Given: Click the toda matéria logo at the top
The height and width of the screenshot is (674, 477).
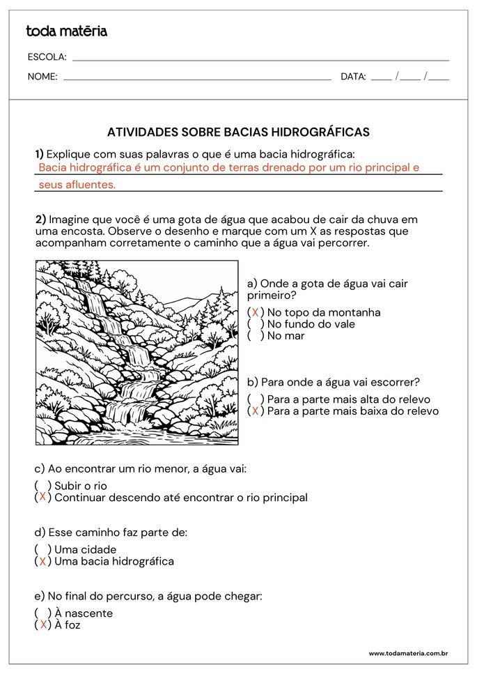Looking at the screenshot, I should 66,31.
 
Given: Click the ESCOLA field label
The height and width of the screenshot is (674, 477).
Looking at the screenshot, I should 47,57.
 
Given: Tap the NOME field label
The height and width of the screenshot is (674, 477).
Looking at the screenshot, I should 42,77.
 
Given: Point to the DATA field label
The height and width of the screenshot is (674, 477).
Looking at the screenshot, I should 353,77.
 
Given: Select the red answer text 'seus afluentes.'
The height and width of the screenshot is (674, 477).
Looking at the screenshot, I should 77,185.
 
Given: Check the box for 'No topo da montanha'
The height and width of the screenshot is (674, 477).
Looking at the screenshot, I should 256,312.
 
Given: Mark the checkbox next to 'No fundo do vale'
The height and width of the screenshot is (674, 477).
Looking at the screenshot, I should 256,324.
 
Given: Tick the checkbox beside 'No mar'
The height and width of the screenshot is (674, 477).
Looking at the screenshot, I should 256,336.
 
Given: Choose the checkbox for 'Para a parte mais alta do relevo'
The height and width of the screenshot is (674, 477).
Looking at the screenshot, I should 256,399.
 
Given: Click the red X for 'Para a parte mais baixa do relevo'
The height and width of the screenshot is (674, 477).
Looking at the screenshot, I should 256,411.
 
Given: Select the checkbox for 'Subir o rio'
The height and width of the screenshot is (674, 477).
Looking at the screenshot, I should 43,486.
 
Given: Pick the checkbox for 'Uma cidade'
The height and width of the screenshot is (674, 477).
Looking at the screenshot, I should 43,549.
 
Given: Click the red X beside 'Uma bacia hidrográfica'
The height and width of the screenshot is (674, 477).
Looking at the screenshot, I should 43,561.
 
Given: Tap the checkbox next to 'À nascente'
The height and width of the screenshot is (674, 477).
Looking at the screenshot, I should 43,613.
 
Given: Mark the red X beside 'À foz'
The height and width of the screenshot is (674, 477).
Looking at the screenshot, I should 43,625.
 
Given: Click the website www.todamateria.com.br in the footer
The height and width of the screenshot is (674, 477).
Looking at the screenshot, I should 407,653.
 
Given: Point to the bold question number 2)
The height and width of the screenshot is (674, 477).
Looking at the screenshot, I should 40,219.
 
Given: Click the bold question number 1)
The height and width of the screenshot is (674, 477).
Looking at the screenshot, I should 40,153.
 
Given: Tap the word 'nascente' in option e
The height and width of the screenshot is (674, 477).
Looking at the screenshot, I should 89,613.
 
